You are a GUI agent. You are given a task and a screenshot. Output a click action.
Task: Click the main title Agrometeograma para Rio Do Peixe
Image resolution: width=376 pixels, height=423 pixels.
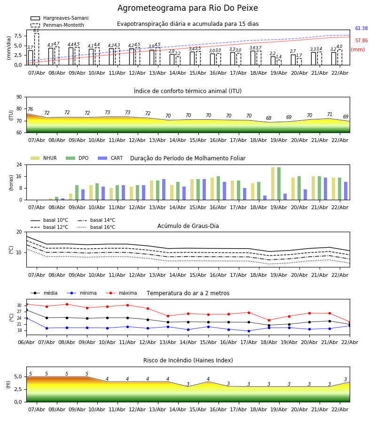(x=188, y=8)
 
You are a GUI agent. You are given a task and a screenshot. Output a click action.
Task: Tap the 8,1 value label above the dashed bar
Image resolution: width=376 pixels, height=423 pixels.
(x=36, y=31)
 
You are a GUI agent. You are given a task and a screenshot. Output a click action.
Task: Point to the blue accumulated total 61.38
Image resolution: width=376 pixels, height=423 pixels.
(x=361, y=29)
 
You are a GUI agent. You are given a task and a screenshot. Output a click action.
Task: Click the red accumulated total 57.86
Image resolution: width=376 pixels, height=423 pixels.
(x=361, y=41)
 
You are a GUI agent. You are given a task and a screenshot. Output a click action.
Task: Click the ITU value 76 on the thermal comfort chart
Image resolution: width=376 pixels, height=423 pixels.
(x=30, y=110)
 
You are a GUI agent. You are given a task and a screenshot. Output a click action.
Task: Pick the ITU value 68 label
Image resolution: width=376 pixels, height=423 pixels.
(x=268, y=118)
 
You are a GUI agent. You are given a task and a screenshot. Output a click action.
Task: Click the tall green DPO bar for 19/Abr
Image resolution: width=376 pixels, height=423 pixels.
(x=279, y=183)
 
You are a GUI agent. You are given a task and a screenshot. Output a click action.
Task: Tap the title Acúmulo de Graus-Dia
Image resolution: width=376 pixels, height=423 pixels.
(x=188, y=226)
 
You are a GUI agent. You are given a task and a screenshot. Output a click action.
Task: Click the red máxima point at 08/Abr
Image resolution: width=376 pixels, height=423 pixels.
(x=67, y=304)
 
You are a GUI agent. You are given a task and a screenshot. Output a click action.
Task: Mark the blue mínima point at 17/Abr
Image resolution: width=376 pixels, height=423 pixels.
(x=249, y=331)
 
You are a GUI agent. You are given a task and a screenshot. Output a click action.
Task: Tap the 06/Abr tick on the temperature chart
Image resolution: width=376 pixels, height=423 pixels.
(x=26, y=342)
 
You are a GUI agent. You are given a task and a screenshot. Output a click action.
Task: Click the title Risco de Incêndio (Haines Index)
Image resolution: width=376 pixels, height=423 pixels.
(x=188, y=360)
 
